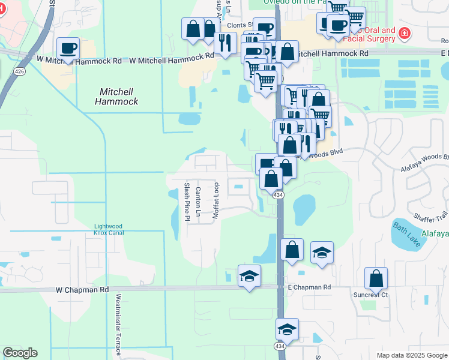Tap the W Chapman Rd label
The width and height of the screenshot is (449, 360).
[x=82, y=289]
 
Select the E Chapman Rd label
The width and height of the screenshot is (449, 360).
[x=309, y=287]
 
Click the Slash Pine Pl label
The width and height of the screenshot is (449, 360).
[x=187, y=202]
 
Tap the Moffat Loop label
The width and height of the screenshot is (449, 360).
[x=217, y=200]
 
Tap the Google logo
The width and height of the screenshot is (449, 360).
[x=20, y=353]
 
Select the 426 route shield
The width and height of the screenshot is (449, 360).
[x=21, y=72]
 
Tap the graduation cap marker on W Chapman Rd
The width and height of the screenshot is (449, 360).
[x=249, y=276]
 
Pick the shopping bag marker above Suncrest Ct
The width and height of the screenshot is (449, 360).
[x=376, y=278]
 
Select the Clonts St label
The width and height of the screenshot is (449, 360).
[x=239, y=26]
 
